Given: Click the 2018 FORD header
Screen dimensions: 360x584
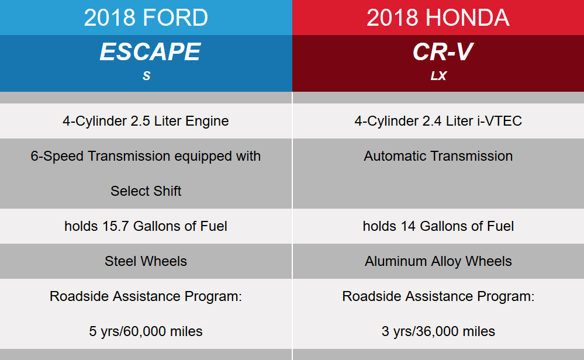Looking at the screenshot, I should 146,18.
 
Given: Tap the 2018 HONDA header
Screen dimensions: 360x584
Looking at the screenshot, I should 438,18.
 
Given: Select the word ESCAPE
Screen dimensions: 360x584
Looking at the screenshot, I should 150,53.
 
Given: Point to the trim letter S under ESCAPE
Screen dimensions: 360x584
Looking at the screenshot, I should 146,77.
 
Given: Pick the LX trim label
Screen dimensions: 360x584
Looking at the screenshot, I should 438,77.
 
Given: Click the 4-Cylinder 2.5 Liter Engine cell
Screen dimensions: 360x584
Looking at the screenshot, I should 146,121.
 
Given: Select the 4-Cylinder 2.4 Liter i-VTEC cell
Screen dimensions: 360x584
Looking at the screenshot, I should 438,121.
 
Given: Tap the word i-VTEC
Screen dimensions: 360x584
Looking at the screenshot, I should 499,121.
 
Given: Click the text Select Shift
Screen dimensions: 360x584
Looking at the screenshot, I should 146,191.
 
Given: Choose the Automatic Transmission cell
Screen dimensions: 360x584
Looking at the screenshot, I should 438,156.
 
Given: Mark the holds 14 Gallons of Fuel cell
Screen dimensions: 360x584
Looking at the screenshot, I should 438,226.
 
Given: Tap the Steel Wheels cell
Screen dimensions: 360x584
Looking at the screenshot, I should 146,261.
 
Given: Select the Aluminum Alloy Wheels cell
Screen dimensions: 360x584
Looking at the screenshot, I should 438,261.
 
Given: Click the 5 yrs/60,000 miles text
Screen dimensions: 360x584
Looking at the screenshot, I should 146,331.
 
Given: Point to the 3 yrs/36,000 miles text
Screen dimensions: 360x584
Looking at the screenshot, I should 438,331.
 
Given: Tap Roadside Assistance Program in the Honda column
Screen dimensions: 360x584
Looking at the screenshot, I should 438,296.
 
